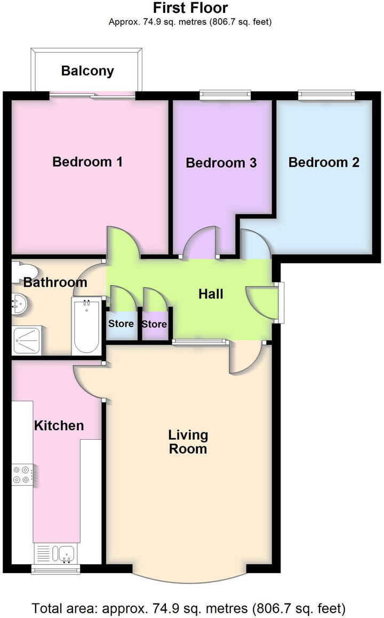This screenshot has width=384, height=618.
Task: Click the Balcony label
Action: [x=87, y=71]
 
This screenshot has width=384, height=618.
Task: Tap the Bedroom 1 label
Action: [x=87, y=162]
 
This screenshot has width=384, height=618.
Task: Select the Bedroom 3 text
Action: [x=221, y=163]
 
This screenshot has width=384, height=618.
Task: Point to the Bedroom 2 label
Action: [x=324, y=162]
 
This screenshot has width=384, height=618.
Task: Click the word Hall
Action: [x=211, y=294]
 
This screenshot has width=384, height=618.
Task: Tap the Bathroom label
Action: [x=55, y=282]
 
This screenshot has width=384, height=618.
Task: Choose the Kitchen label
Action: [x=59, y=425]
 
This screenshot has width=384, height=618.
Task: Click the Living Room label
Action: [x=188, y=442]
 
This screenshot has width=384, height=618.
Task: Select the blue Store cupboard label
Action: [x=121, y=323]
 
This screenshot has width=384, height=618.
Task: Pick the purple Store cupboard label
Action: [x=154, y=324]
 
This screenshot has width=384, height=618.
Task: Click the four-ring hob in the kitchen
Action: [x=22, y=474]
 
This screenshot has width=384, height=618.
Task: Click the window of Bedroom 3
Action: [x=225, y=95]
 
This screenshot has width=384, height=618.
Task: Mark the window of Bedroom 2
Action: [x=326, y=95]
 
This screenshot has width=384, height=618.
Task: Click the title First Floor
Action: [x=190, y=8]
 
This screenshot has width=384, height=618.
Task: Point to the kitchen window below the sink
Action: [x=56, y=569]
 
